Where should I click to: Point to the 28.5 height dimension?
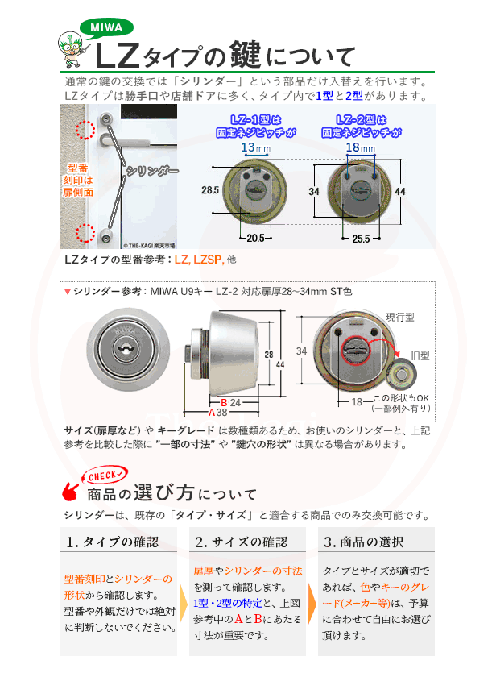[210, 190]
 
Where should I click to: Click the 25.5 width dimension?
[361, 239]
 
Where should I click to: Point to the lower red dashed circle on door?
[82, 234]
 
